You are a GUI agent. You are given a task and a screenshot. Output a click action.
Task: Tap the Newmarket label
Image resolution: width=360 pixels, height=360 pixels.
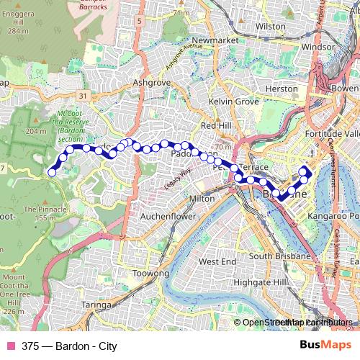pyautogui.click(x=215, y=40)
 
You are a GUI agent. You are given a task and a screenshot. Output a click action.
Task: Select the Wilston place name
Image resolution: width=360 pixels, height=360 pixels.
pyautogui.click(x=270, y=26)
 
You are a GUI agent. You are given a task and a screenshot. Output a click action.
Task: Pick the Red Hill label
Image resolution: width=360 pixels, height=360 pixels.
pyautogui.click(x=217, y=125)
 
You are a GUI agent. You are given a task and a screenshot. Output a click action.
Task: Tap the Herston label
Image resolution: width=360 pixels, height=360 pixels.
pyautogui.click(x=282, y=89)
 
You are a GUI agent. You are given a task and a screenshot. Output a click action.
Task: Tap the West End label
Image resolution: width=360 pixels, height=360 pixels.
pyautogui.click(x=217, y=261)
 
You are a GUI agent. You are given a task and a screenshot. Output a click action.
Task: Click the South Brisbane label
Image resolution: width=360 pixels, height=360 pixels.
pyautogui.click(x=280, y=256)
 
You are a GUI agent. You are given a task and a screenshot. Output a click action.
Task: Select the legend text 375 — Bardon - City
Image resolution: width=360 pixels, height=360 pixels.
pyautogui.click(x=69, y=346)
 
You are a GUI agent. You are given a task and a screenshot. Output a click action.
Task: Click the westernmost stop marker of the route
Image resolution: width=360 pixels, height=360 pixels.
pyautogui.click(x=52, y=171)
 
